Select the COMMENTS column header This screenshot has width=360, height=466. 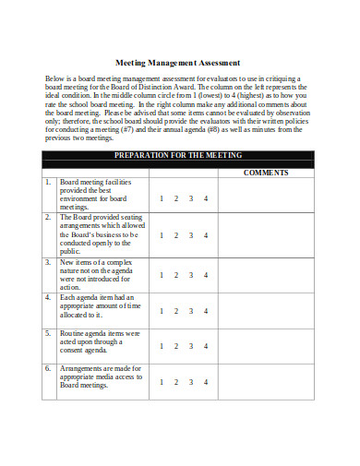267,173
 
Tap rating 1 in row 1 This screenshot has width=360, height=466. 162,198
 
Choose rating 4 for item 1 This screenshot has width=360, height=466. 207,198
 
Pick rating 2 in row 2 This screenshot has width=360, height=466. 176,235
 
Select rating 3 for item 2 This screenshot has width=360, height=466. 191,235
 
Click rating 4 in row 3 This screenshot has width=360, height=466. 207,274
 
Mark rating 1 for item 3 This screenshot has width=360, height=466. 162,274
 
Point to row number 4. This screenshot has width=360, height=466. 48,297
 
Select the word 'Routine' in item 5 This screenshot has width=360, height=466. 74,332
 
